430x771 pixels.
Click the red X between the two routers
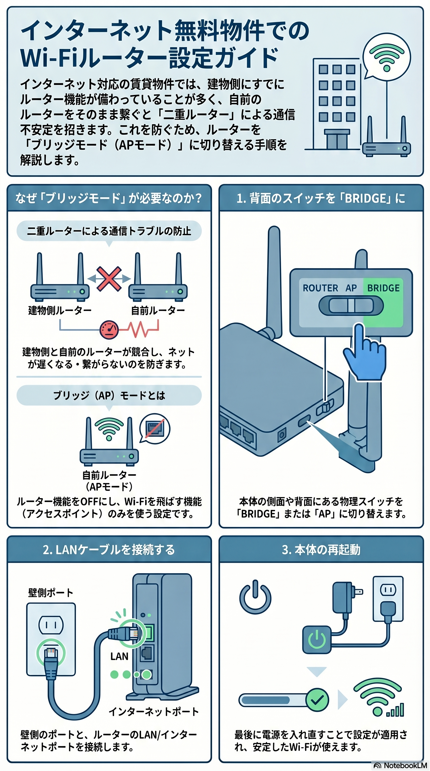point(109,279)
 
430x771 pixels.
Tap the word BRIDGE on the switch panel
point(383,288)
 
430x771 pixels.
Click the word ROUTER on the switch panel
point(320,288)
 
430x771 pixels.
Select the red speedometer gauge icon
point(109,330)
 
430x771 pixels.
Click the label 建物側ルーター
point(60,310)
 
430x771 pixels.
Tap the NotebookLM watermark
point(401,766)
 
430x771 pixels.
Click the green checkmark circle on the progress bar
point(317,700)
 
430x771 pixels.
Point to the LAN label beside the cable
point(119,656)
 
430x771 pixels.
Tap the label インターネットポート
point(154,711)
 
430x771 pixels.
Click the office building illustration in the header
point(336,103)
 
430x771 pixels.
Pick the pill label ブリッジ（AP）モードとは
point(109,395)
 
